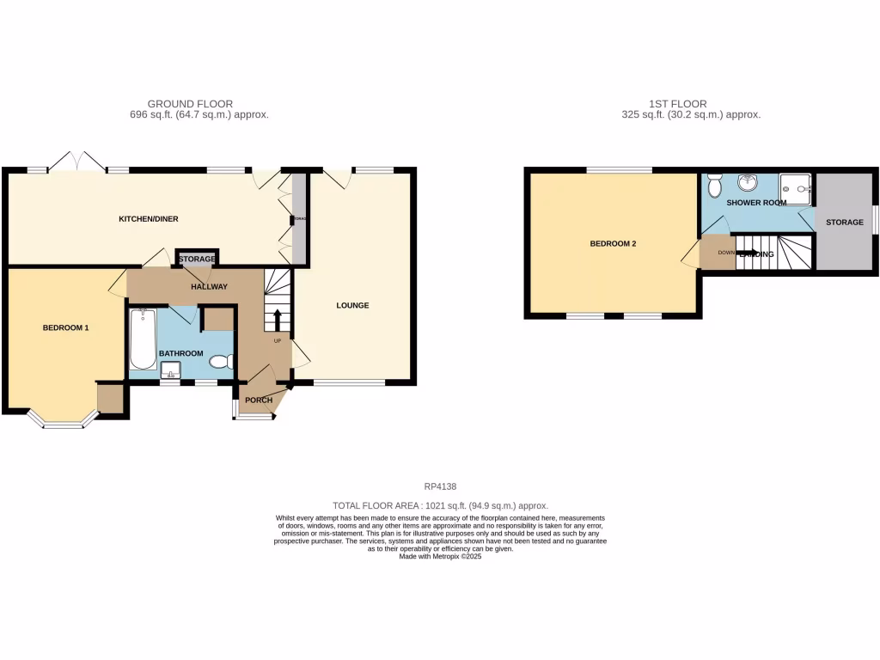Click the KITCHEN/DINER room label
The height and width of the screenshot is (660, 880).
point(148,219)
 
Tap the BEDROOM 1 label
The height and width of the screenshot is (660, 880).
point(66,327)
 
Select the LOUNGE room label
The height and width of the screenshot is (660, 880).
point(352,305)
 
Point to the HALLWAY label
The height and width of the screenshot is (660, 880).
point(209,287)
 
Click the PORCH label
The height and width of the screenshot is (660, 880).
point(259,400)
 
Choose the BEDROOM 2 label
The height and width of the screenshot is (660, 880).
point(613,243)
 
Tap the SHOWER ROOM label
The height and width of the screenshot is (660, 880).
point(756,203)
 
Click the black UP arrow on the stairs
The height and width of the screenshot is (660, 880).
point(277,321)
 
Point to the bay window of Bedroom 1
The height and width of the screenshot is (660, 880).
point(59,421)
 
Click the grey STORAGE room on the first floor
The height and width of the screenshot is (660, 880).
point(844,222)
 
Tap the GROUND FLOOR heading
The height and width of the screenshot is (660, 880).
point(190,104)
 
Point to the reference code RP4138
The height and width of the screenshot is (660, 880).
point(440,487)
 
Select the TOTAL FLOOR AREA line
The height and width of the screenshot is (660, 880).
point(440,506)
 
